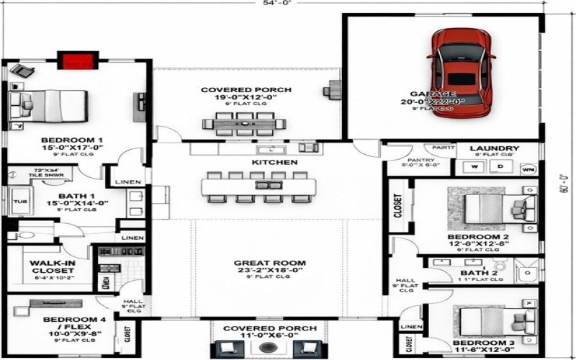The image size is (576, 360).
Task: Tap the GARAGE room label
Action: pyautogui.click(x=433, y=94)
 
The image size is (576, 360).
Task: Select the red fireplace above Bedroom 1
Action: pyautogui.click(x=77, y=60)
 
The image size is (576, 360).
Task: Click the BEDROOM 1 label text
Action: pyautogui.click(x=71, y=140)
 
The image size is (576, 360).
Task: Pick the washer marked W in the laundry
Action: pyautogui.click(x=474, y=167)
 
